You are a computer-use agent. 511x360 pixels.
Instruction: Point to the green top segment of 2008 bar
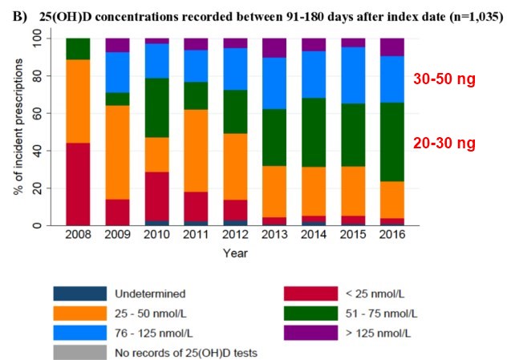[78, 49]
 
